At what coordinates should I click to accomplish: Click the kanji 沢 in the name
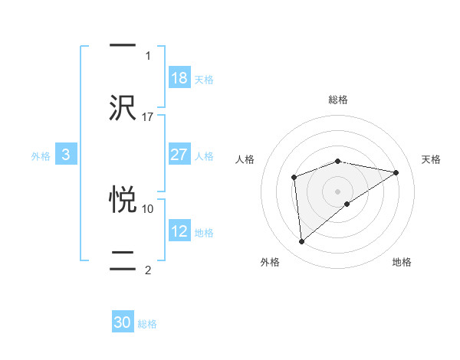123,107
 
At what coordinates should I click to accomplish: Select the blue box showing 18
179,78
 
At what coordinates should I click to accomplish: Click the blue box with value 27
179,155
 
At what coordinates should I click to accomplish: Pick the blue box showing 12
179,231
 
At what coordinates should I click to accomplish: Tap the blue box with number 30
123,323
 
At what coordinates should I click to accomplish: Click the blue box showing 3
66,155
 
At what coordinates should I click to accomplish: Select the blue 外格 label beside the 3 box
41,155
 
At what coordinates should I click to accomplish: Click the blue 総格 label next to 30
148,324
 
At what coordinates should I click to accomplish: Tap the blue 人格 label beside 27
204,155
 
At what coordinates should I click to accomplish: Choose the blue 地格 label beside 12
204,232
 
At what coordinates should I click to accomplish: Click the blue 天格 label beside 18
204,79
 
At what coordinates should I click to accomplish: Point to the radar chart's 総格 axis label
338,100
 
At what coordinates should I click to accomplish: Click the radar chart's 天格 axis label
431,159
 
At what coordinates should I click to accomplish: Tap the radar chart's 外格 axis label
270,263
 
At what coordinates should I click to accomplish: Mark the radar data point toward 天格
396,172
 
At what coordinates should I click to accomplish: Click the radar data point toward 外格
301,242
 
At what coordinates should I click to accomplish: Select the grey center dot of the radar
338,191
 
